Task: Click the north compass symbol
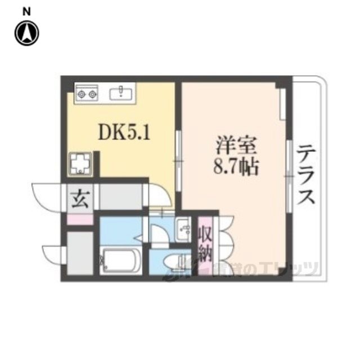[26, 33]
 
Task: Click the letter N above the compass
[26, 10]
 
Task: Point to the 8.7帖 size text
[237, 166]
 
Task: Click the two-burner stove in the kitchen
[87, 93]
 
